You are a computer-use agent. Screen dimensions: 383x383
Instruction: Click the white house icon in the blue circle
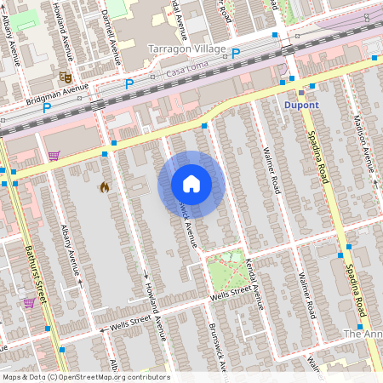tap(191, 184)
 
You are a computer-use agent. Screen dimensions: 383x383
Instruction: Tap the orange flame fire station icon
tap(104, 186)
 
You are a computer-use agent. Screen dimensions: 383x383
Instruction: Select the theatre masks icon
tap(63, 76)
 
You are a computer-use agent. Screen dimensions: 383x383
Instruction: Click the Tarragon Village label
tap(186, 49)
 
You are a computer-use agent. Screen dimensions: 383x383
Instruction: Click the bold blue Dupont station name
tap(300, 105)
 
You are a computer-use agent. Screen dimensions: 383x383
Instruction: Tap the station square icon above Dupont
tap(300, 91)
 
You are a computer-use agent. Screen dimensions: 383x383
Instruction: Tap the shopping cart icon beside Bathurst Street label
tap(29, 302)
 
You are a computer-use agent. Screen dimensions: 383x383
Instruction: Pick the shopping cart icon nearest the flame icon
tap(54, 156)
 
